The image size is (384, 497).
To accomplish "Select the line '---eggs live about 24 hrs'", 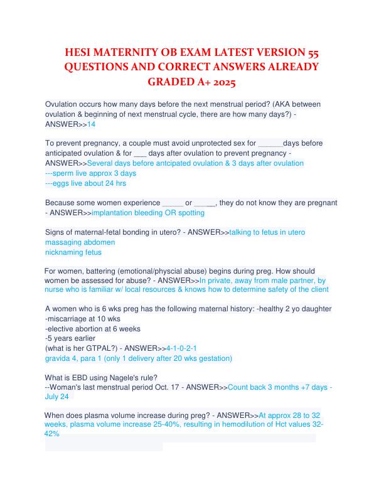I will [x=86, y=183].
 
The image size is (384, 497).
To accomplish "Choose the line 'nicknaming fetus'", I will [x=73, y=252].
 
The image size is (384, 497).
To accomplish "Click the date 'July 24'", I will [x=58, y=397].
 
